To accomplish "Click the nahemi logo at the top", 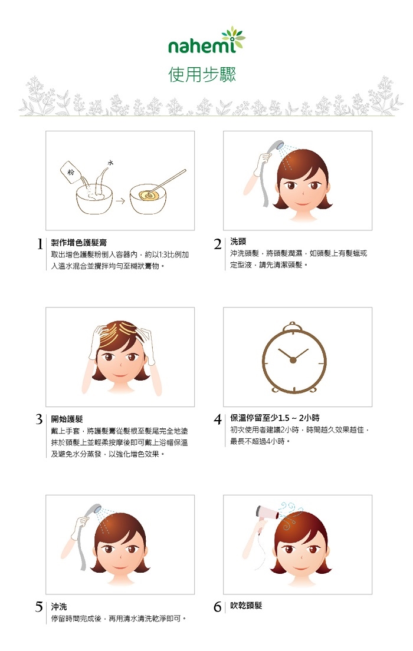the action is [x=206, y=41].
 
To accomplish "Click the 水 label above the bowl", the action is [x=110, y=163].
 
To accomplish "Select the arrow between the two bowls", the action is [x=120, y=201].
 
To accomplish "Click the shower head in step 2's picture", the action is [x=274, y=147].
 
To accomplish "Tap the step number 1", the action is [x=40, y=244].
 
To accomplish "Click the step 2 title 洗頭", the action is [x=238, y=242].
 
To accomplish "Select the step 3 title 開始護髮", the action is [x=67, y=419].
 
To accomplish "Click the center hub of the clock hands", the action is [x=293, y=360].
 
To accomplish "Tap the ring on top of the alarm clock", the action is [x=293, y=324].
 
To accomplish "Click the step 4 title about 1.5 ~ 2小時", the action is [x=275, y=418].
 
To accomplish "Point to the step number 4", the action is [x=218, y=419].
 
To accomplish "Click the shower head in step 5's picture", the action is [x=94, y=510].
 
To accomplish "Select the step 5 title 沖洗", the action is [x=59, y=607].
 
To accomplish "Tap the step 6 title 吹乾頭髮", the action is [x=246, y=606].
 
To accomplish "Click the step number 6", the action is [x=218, y=607].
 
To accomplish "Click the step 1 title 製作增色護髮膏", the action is [x=78, y=243].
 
